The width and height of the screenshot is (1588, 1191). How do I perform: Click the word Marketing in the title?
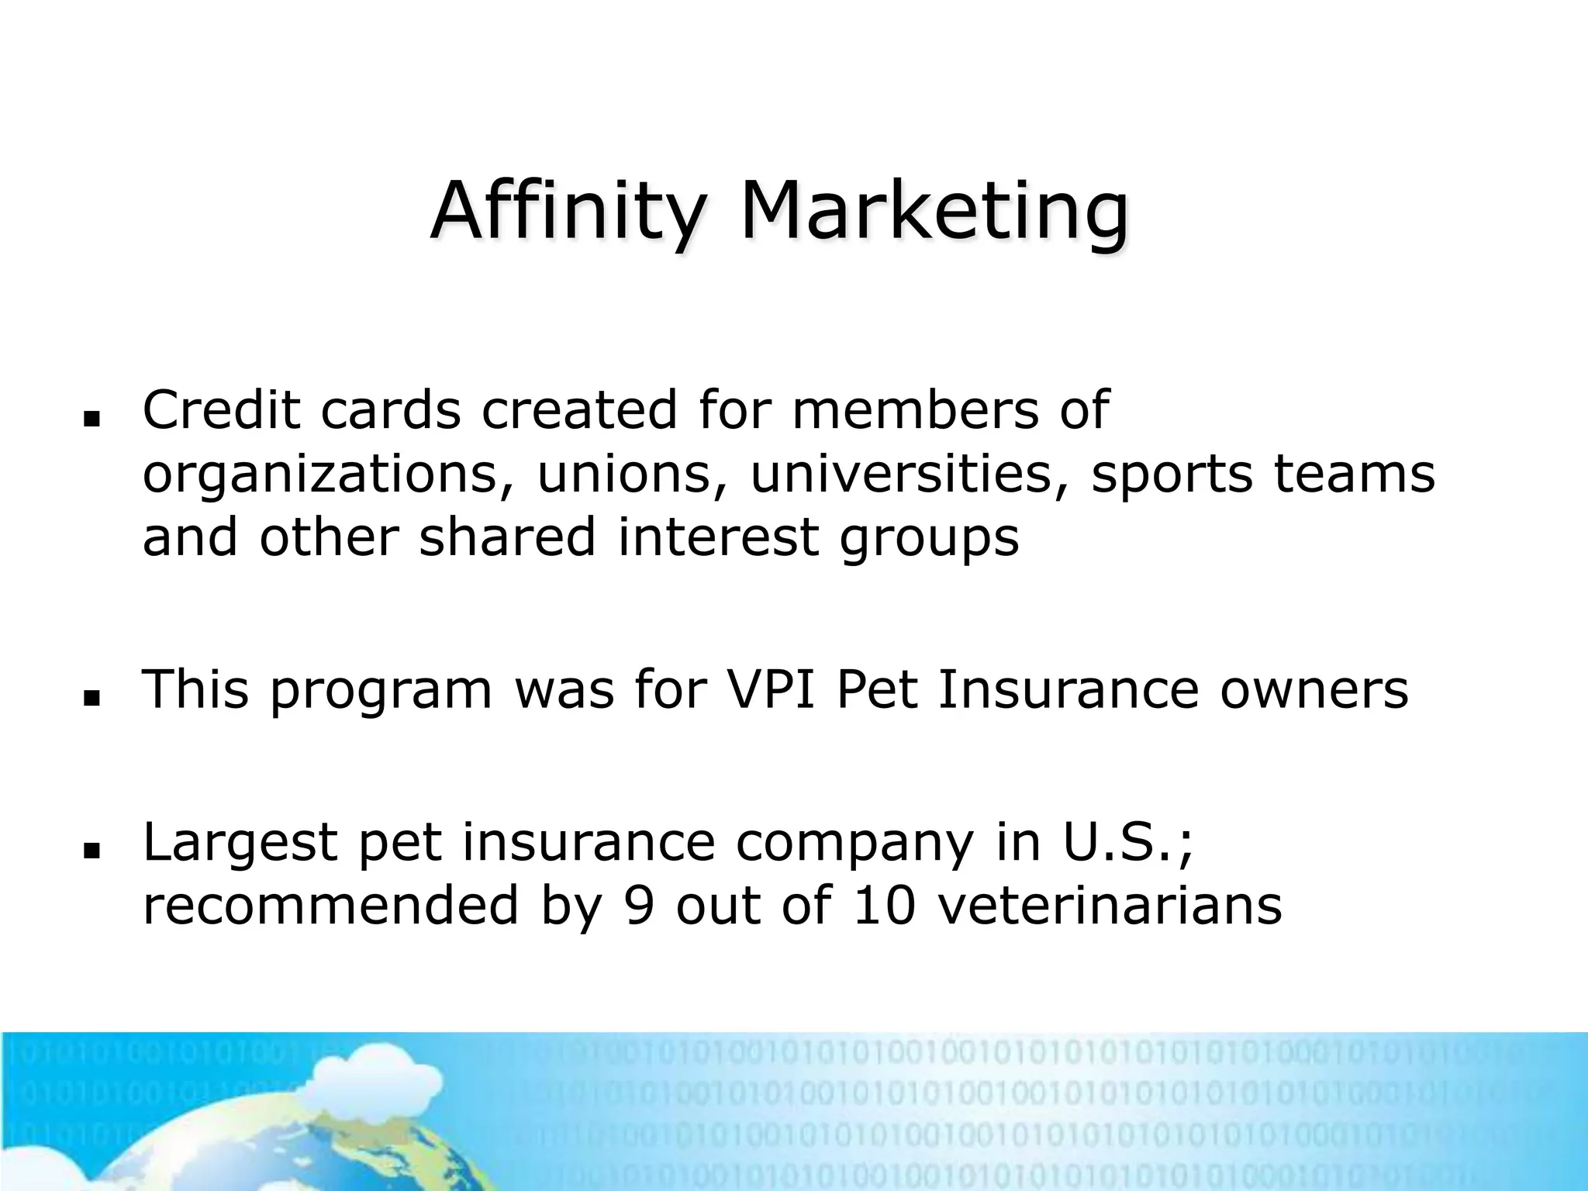tap(934, 211)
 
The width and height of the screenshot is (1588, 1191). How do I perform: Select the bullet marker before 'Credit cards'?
tap(93, 419)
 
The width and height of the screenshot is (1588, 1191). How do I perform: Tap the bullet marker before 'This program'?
tap(93, 699)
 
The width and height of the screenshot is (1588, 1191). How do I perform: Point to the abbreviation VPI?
tap(772, 689)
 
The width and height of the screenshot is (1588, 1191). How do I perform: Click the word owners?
tap(1314, 689)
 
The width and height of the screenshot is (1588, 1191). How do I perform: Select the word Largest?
tap(240, 843)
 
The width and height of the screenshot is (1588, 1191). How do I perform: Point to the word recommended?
tap(330, 905)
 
